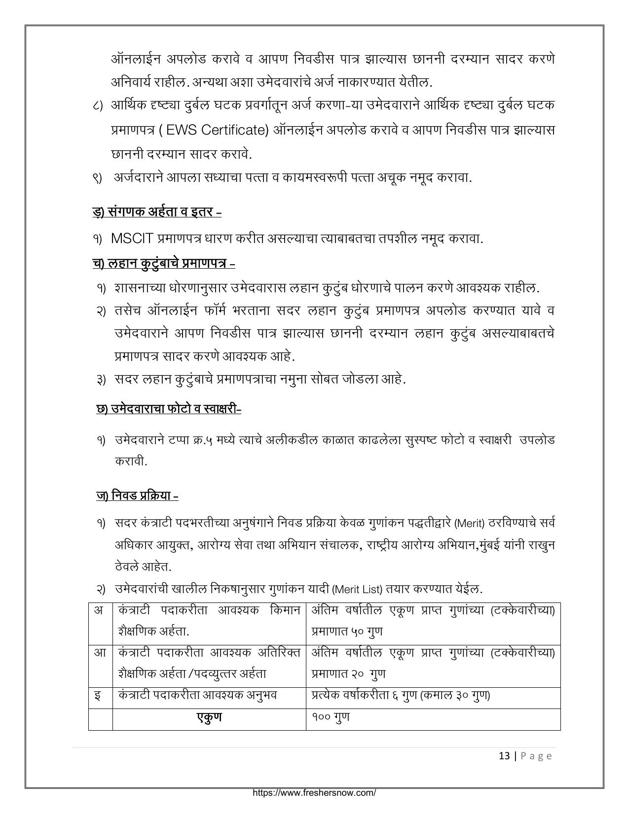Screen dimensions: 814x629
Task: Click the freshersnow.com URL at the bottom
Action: click(314, 793)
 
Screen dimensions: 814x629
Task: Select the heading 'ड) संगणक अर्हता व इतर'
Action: click(157, 212)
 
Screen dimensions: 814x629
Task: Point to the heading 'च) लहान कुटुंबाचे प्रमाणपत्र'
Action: click(163, 263)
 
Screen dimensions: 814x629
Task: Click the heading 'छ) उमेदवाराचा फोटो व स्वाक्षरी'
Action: click(169, 409)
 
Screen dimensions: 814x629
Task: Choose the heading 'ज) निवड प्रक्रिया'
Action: click(137, 495)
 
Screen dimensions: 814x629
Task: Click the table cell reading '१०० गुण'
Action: click(331, 717)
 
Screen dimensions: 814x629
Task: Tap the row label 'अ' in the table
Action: click(99, 610)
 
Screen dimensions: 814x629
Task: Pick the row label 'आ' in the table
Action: click(100, 653)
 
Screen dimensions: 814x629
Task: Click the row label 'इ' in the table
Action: click(98, 696)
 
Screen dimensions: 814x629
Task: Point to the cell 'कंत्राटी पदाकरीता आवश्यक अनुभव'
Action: click(198, 695)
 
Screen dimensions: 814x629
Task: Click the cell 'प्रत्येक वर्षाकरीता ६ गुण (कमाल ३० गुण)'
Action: click(400, 695)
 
